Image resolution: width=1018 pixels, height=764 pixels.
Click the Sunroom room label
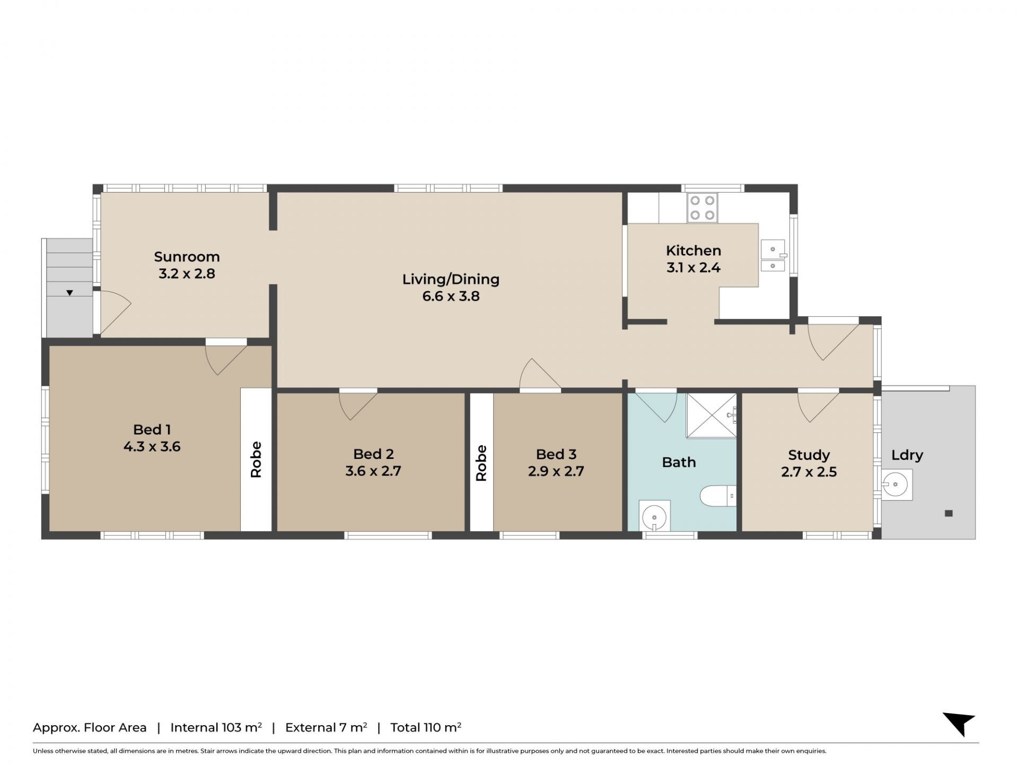(187, 257)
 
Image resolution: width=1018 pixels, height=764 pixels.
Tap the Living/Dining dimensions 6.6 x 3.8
(451, 296)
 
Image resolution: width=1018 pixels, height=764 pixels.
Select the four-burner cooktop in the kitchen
(703, 207)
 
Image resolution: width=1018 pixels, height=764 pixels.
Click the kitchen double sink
(773, 256)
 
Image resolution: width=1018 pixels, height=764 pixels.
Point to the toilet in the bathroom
(718, 496)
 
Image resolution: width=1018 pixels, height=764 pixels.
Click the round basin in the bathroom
(655, 516)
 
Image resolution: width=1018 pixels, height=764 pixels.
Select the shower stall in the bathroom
(712, 415)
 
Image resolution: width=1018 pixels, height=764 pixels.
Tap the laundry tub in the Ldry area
(897, 484)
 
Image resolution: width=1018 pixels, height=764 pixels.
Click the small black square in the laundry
(949, 513)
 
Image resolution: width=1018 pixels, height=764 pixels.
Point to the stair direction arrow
(69, 293)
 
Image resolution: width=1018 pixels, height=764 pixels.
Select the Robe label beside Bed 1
(256, 459)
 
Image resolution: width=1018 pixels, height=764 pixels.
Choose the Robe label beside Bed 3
(481, 463)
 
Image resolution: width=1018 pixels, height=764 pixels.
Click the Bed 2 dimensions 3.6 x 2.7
(373, 471)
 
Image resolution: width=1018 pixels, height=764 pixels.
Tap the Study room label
(809, 455)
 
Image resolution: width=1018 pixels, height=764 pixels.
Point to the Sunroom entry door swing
(116, 314)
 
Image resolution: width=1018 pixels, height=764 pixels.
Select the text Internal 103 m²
(216, 727)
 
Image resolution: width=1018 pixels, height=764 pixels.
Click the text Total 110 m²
(426, 727)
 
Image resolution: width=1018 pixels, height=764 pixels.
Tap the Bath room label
(679, 462)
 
